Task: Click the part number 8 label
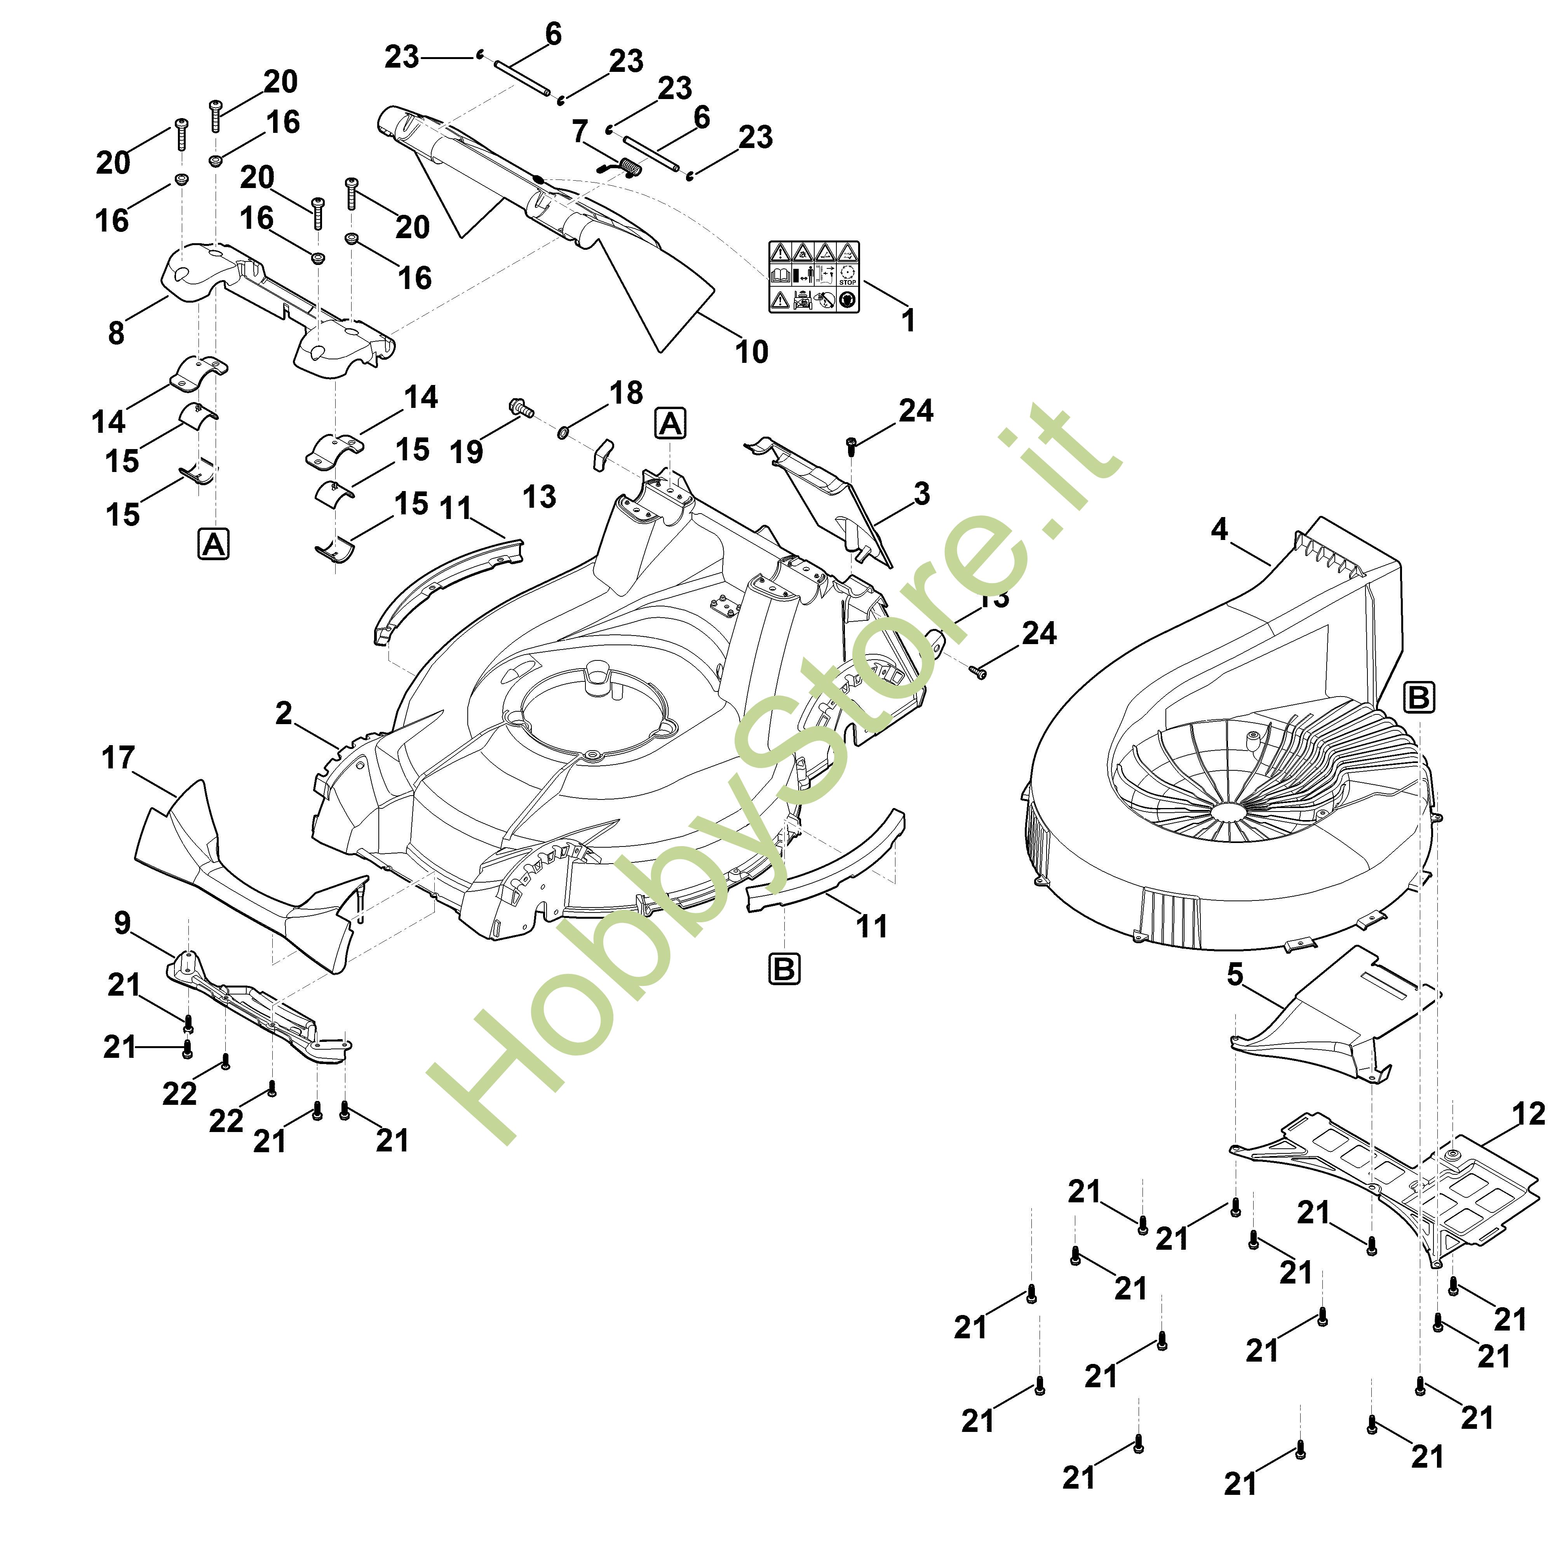point(117,332)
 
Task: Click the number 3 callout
point(921,494)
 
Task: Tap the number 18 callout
point(626,394)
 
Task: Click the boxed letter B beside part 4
point(1418,697)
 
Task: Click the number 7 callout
point(580,131)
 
